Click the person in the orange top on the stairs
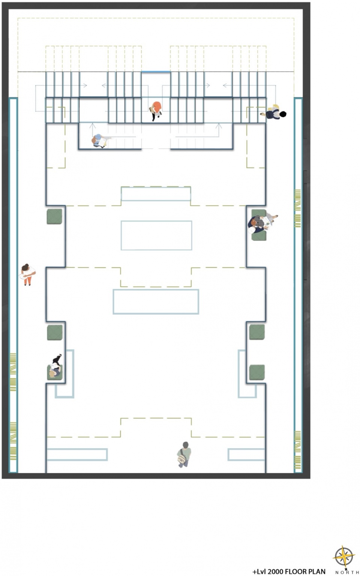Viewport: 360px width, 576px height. [156, 110]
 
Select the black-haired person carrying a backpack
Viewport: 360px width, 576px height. [273, 113]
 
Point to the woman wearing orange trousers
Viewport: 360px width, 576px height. [27, 274]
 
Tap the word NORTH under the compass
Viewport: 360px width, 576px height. [347, 572]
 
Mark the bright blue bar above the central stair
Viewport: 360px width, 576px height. [156, 72]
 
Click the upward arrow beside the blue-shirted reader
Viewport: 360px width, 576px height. [93, 130]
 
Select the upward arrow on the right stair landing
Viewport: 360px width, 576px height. [219, 130]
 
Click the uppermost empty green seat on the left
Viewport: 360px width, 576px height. [54, 216]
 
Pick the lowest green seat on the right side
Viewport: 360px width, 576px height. [257, 373]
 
